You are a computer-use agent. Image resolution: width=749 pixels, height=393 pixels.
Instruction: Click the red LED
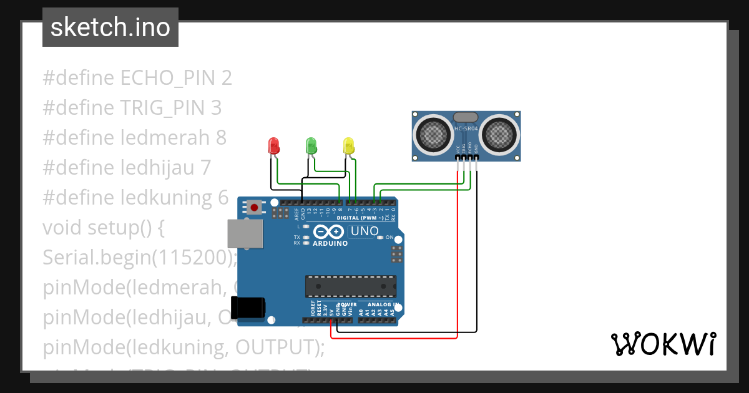coord(273,146)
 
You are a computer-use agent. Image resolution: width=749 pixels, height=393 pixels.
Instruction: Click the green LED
coord(311,146)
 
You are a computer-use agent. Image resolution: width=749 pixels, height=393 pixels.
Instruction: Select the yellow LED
coord(349,146)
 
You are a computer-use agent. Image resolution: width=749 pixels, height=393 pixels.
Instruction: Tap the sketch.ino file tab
coord(110,27)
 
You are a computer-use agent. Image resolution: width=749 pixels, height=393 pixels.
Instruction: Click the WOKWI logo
coord(662,344)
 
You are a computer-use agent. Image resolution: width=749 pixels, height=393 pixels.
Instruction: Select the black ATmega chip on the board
coord(350,286)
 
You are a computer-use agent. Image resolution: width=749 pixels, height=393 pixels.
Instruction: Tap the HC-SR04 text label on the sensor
coord(466,129)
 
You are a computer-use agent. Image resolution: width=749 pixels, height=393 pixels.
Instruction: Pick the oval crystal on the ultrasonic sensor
coord(466,117)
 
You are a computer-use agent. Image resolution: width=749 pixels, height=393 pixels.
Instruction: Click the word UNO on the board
coord(365,231)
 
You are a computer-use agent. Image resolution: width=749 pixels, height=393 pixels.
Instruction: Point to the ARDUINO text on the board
coord(330,243)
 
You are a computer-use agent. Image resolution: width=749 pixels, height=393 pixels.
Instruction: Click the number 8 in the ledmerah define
coord(221,137)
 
